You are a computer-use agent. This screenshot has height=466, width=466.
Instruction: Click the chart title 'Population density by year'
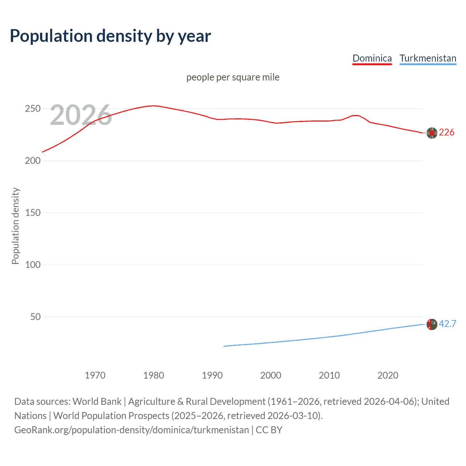[x=110, y=36]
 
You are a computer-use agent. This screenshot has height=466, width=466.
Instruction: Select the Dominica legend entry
[x=372, y=58]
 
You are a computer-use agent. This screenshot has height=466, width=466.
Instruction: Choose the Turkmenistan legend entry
[x=428, y=58]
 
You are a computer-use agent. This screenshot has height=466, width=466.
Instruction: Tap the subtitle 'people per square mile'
[x=233, y=77]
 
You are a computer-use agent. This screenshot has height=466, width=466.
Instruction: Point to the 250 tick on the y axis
[x=32, y=109]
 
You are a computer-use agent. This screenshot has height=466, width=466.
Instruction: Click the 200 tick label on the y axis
[x=32, y=161]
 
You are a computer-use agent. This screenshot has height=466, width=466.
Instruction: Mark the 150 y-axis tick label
[x=32, y=213]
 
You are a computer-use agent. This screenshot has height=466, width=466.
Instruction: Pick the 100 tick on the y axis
[x=32, y=265]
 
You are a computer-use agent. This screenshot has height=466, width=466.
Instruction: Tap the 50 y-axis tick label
[x=35, y=317]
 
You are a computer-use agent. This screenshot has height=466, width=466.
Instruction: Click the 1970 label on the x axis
[x=95, y=375]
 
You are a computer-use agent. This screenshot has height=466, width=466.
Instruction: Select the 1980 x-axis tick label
[x=154, y=375]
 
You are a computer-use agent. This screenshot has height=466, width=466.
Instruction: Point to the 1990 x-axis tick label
[x=212, y=375]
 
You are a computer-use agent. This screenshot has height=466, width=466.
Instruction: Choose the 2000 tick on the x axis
[x=270, y=375]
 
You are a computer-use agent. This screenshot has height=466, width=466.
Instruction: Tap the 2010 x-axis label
[x=329, y=375]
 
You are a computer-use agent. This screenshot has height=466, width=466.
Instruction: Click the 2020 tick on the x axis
[x=388, y=375]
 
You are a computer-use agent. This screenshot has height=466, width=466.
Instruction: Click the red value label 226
[x=447, y=133]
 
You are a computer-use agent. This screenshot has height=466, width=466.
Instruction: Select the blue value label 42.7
[x=447, y=324]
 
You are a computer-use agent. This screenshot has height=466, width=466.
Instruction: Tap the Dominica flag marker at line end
[x=432, y=133]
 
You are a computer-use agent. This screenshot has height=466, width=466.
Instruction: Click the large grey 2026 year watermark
[x=81, y=115]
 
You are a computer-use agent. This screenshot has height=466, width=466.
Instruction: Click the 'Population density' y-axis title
[x=15, y=226]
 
